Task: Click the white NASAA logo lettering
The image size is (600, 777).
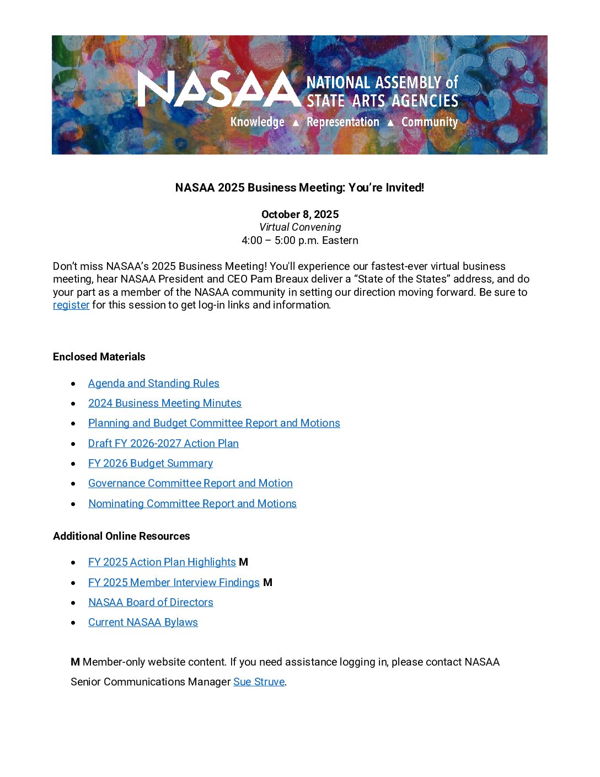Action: click(219, 89)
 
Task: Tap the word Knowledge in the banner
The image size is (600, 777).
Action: click(257, 122)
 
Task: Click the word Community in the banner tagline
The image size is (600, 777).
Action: click(429, 122)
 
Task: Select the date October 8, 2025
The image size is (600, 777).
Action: click(300, 214)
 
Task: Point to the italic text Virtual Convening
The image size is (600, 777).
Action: click(300, 227)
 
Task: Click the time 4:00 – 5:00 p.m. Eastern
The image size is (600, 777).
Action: click(300, 240)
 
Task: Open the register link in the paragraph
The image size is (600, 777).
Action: click(71, 305)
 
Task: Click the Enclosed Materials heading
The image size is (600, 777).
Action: click(99, 356)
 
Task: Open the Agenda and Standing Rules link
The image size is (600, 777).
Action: click(153, 383)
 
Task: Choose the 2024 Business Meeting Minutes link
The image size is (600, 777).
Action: click(164, 403)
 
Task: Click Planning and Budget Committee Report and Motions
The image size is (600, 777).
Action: click(214, 423)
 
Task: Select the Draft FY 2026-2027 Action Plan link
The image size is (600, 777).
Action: click(163, 443)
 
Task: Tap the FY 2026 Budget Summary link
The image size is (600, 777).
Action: click(150, 463)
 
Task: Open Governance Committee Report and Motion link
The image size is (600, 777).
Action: click(190, 483)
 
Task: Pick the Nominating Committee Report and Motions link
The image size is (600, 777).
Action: click(192, 503)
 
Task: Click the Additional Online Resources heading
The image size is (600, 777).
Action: click(121, 536)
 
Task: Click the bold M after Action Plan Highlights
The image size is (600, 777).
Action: click(244, 562)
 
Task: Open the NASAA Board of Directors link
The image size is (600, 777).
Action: click(151, 602)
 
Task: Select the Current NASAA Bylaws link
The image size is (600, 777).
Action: click(143, 622)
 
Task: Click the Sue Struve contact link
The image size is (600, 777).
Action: click(259, 682)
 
